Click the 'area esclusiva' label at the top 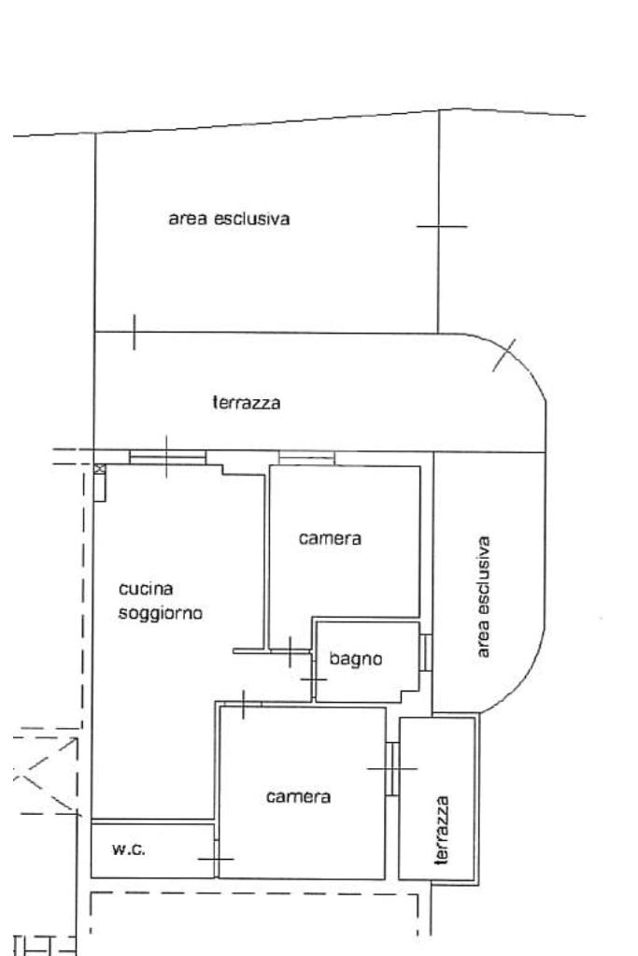click(x=229, y=220)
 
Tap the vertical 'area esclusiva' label click(x=484, y=596)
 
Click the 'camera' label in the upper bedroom click(x=330, y=539)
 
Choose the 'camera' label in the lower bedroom click(x=298, y=797)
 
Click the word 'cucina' click(x=147, y=589)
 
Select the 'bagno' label click(x=356, y=659)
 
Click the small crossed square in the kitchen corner click(x=99, y=469)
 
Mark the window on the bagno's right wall click(x=425, y=651)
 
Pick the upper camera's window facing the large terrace click(x=306, y=458)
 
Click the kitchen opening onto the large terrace click(x=167, y=457)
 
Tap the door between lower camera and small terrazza click(x=392, y=768)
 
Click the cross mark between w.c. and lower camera click(x=216, y=858)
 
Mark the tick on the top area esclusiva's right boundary click(x=440, y=226)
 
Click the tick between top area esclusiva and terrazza click(x=135, y=332)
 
